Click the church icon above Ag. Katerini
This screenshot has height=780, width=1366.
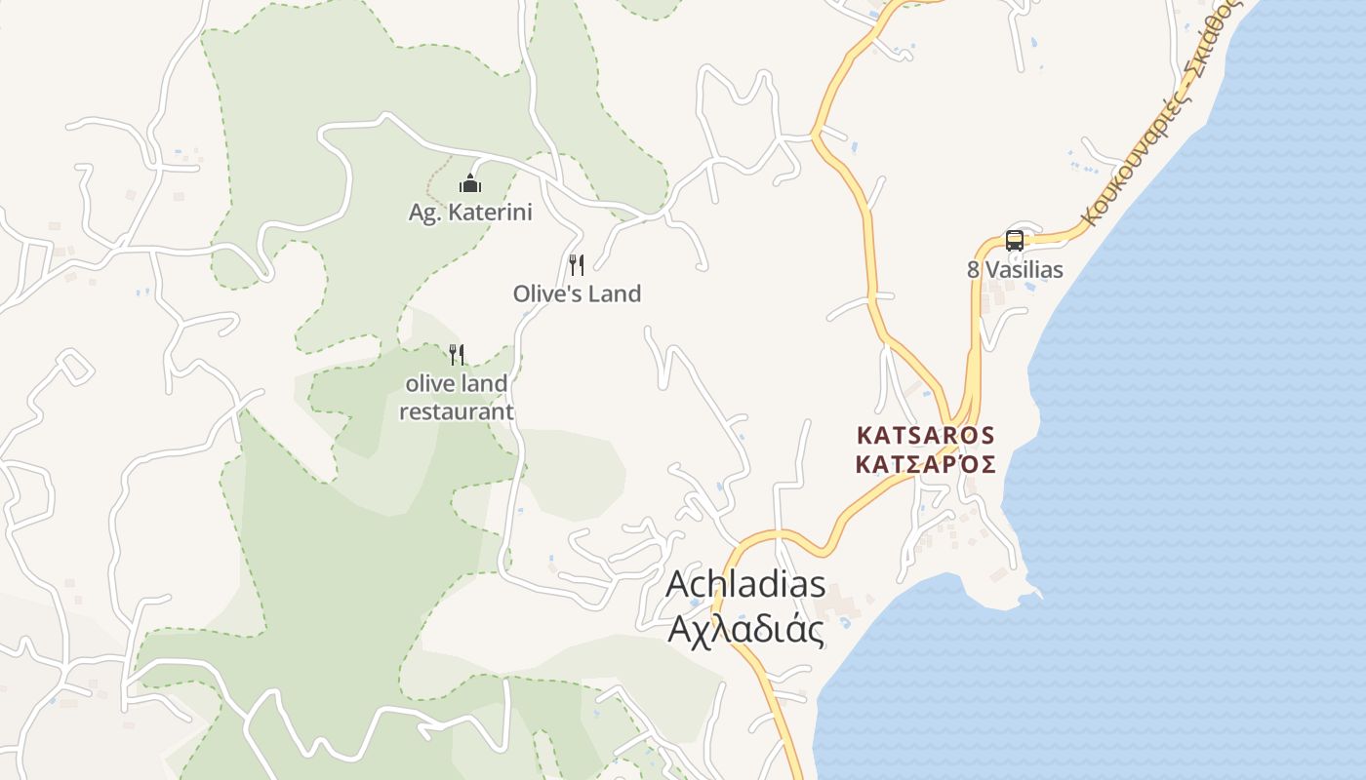(x=470, y=183)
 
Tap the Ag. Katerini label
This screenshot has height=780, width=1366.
(x=470, y=212)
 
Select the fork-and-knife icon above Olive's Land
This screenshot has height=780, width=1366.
(x=577, y=264)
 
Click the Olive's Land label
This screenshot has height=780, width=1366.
(x=577, y=293)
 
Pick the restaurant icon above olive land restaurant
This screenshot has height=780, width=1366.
(x=456, y=354)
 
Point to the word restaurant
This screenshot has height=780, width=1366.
(x=456, y=411)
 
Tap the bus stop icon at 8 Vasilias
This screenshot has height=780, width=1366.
(x=1015, y=241)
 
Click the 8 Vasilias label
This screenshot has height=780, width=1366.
(x=1015, y=270)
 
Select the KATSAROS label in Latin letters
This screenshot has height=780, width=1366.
(x=925, y=435)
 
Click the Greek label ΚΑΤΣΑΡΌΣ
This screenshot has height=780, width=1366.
(x=925, y=464)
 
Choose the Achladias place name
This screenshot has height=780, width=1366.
(x=745, y=585)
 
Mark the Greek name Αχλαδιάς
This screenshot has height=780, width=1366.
(x=745, y=630)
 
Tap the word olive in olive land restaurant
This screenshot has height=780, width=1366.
(x=428, y=383)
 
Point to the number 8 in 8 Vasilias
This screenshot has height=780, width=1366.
(x=973, y=270)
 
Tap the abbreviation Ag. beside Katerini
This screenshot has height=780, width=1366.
(x=423, y=212)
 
